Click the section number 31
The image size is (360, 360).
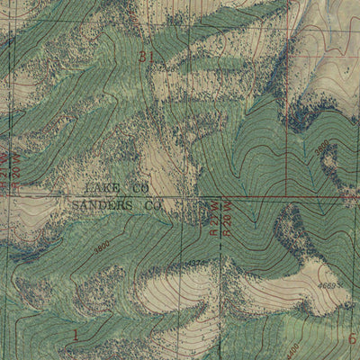point(148,57)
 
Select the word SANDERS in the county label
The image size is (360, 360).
point(99,206)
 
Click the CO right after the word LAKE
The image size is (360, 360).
point(140,189)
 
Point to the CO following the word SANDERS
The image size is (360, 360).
point(152,206)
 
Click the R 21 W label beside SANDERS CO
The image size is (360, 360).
point(213,219)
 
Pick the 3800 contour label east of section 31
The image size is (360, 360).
point(321,147)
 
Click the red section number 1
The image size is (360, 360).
point(76,336)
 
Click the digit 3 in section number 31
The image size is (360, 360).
point(144,57)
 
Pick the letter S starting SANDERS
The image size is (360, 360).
point(75,206)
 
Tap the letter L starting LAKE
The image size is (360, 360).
point(88,189)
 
